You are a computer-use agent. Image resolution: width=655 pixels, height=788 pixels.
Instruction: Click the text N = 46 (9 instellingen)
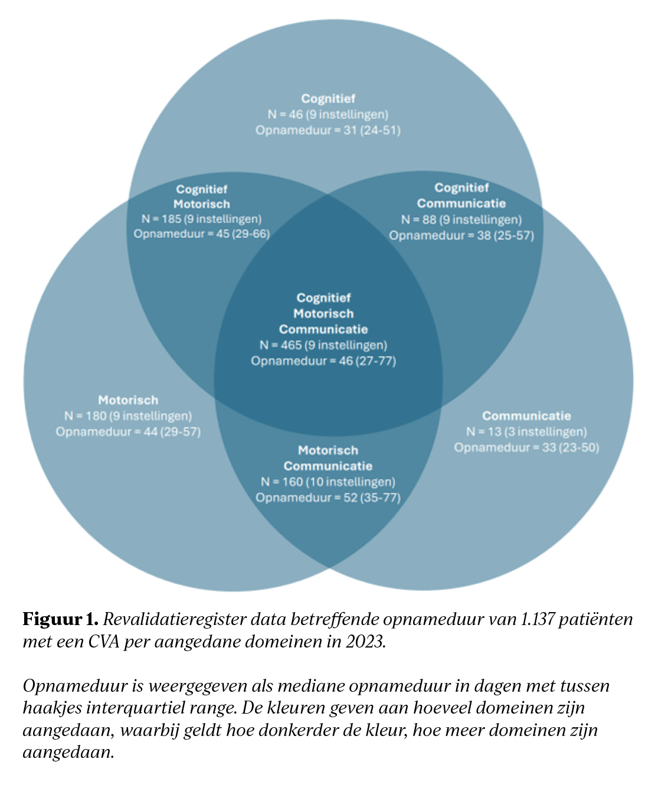pyautogui.click(x=328, y=115)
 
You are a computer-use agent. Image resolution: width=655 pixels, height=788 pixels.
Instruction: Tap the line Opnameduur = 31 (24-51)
pyautogui.click(x=328, y=130)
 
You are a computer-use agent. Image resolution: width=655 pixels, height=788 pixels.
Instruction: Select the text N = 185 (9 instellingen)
pyautogui.click(x=201, y=219)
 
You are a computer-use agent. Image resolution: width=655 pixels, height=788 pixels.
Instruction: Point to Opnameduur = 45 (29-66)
pyautogui.click(x=201, y=234)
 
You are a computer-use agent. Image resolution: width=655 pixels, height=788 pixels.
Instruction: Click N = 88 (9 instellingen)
pyautogui.click(x=461, y=220)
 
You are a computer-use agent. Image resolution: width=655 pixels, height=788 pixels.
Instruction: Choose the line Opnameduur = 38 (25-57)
pyautogui.click(x=461, y=236)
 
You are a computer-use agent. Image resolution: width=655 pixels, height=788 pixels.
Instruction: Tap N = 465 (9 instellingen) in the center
pyautogui.click(x=323, y=345)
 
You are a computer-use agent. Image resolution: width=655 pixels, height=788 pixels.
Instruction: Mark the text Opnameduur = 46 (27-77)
pyautogui.click(x=323, y=361)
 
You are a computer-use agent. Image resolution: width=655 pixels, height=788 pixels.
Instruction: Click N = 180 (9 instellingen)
pyautogui.click(x=128, y=416)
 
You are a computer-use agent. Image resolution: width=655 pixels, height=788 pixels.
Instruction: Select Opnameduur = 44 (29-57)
pyautogui.click(x=128, y=432)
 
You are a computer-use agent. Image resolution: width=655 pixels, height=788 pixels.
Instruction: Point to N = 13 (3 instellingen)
pyautogui.click(x=526, y=432)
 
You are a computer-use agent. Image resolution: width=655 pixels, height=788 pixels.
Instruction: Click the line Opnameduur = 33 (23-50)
pyautogui.click(x=526, y=448)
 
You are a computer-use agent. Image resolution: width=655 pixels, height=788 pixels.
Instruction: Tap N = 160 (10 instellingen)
pyautogui.click(x=328, y=482)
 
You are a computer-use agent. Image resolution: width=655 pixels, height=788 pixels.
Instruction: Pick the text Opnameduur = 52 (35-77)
pyautogui.click(x=328, y=498)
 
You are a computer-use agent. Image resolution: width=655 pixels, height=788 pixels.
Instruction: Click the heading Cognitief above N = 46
pyautogui.click(x=328, y=99)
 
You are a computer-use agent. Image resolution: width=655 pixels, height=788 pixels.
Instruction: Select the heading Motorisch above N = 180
pyautogui.click(x=128, y=400)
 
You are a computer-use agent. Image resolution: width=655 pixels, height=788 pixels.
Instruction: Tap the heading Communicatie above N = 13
pyautogui.click(x=526, y=416)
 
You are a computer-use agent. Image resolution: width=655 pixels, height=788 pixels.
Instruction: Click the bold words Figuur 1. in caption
pyautogui.click(x=60, y=619)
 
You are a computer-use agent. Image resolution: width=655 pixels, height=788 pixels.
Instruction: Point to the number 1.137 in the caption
pyautogui.click(x=538, y=619)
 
